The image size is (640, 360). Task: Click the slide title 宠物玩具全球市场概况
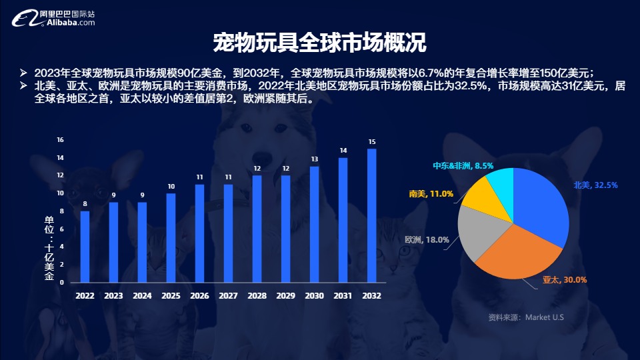coord(319,43)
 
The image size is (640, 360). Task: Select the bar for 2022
coord(85,247)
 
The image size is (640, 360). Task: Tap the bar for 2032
coord(372,215)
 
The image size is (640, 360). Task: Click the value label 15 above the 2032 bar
coord(372,141)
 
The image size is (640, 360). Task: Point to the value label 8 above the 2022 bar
coord(85,204)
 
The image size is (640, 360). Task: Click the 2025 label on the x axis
coord(171,295)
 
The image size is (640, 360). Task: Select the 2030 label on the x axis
coord(315,295)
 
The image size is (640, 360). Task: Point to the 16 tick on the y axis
coord(61,140)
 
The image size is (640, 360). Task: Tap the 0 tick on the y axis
coord(62,283)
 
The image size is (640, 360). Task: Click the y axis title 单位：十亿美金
coord(49,248)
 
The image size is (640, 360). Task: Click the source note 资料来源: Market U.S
coord(526,317)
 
